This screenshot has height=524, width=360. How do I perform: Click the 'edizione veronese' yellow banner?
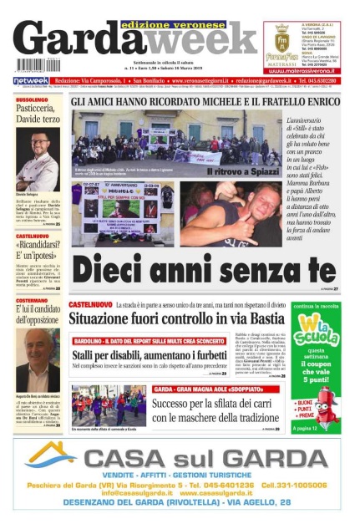(168, 25)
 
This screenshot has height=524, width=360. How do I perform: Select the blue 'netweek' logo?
(30, 79)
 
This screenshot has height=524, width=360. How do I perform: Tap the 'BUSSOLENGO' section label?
(32, 99)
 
